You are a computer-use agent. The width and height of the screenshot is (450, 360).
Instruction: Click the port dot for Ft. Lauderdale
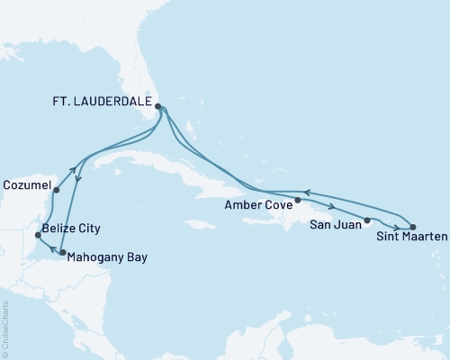point(158,106)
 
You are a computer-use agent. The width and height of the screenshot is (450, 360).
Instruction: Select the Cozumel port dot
point(56,190)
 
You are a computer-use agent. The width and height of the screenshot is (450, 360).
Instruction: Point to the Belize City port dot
point(37,235)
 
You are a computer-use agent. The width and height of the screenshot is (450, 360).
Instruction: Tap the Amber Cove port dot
point(298,200)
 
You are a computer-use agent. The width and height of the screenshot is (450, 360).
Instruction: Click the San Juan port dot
point(367,220)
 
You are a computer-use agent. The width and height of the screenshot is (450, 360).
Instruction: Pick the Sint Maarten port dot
point(412,227)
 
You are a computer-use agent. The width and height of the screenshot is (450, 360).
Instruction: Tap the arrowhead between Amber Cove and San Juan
point(334,209)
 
